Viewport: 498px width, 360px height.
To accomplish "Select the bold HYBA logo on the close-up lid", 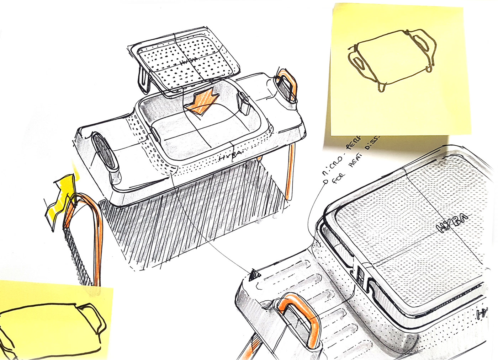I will (x=452, y=223).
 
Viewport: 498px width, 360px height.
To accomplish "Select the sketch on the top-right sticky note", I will (x=391, y=60).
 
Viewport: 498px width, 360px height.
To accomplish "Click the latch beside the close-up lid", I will (x=360, y=276).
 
